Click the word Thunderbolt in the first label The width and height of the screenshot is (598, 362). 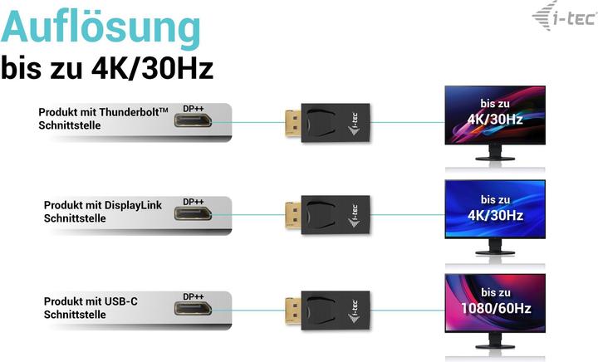pos(130,112)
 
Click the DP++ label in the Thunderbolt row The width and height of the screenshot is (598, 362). pos(193,108)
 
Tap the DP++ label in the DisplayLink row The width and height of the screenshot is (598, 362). pos(193,201)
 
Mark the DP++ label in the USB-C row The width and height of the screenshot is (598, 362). pos(193,296)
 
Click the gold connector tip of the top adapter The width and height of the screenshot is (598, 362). pos(291,122)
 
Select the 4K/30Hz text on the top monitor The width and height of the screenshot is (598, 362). pos(494,119)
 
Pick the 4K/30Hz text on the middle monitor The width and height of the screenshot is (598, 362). pos(494,214)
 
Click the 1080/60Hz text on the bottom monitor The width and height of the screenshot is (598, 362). pos(494,308)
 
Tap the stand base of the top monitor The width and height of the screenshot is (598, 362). pos(495,160)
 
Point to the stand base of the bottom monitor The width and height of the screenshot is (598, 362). pos(495,350)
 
